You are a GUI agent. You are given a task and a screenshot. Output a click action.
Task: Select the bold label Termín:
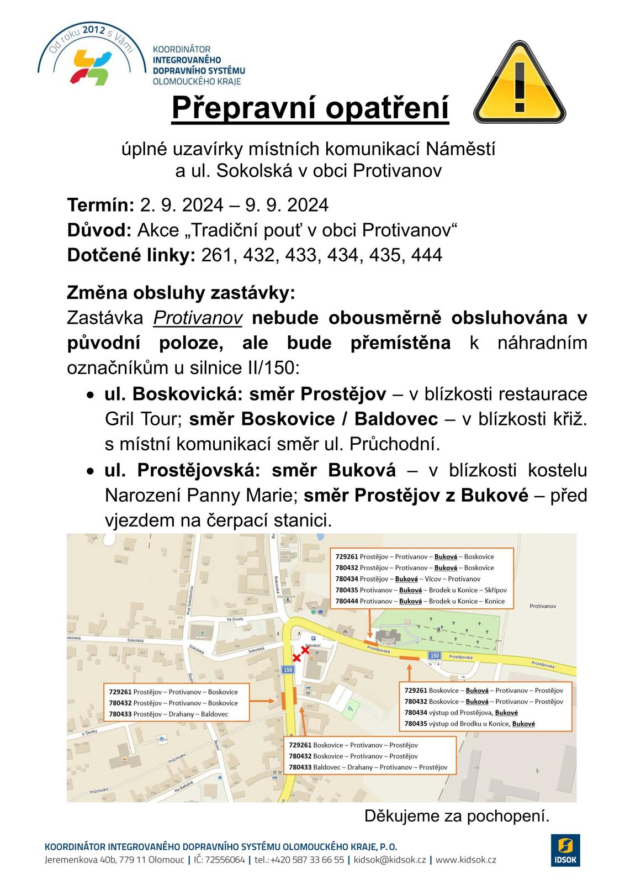pos(100,205)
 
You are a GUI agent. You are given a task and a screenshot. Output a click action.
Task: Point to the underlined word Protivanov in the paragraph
pos(198,318)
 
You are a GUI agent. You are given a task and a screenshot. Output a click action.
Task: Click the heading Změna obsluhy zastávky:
pos(181,292)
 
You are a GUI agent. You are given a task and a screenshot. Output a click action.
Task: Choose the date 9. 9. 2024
pos(287,205)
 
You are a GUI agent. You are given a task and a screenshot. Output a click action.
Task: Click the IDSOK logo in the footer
pos(565,849)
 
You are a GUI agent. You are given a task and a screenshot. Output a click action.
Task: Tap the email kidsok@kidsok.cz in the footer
pos(389,860)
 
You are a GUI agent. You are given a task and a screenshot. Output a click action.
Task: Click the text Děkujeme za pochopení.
pos(457,816)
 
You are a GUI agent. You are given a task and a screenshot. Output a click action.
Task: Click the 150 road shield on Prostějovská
pos(435,655)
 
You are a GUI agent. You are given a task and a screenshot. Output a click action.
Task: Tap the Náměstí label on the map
pos(312,645)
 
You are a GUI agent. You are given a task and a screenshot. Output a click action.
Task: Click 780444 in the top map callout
pos(347,601)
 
